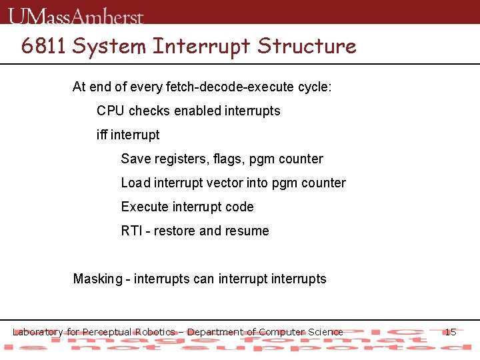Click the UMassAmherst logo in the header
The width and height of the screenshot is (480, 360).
77,15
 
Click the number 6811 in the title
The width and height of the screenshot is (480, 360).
44,46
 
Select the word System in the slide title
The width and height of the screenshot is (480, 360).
109,46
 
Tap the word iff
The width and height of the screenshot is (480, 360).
102,135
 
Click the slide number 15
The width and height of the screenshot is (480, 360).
450,332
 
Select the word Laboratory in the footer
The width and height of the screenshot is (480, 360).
38,332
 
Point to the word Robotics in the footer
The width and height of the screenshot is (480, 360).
155,332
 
